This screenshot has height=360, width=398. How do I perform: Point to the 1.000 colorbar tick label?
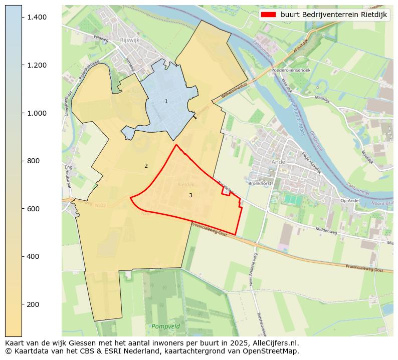(x=36, y=113)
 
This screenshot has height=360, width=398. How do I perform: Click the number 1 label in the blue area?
(x=166, y=101)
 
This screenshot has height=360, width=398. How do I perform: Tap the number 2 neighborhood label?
(x=146, y=166)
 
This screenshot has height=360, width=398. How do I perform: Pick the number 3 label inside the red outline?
(x=190, y=195)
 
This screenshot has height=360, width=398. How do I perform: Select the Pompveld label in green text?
(x=164, y=326)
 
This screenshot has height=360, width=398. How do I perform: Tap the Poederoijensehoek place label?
(x=291, y=70)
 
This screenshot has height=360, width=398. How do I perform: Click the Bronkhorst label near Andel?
(x=260, y=183)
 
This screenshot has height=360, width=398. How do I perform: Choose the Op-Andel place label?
(x=350, y=201)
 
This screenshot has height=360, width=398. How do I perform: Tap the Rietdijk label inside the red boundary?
(x=185, y=185)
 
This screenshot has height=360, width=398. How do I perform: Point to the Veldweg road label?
(x=101, y=37)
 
